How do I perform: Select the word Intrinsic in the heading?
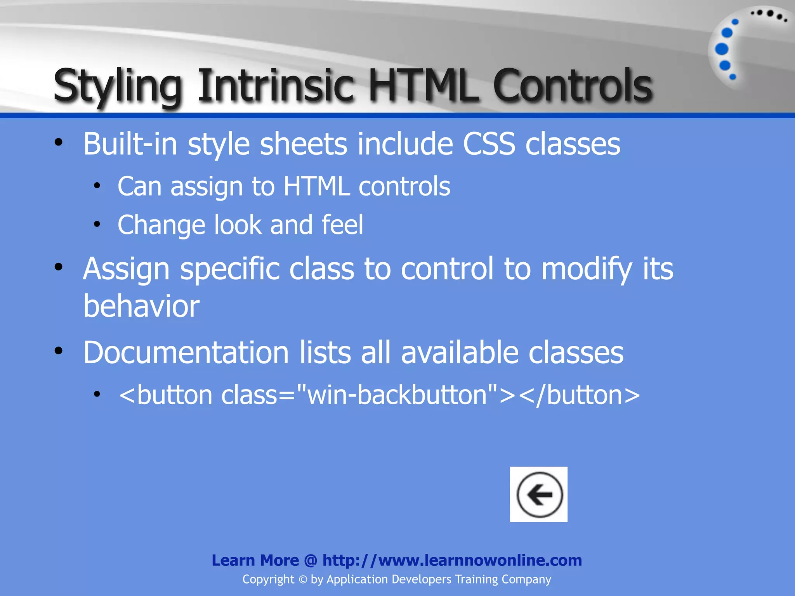coord(276,85)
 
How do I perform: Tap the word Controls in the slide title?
coord(573,85)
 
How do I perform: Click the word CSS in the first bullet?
coord(489,144)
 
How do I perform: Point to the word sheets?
coord(303,144)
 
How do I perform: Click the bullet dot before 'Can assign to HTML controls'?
coord(97,186)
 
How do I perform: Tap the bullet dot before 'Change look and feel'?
coord(97,224)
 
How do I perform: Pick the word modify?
coord(587,269)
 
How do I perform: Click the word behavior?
coord(141,306)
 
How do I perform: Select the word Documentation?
coord(186,353)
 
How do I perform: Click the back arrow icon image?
coord(538,494)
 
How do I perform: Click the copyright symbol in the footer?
coord(303,580)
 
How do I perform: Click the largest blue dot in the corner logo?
coord(722,49)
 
